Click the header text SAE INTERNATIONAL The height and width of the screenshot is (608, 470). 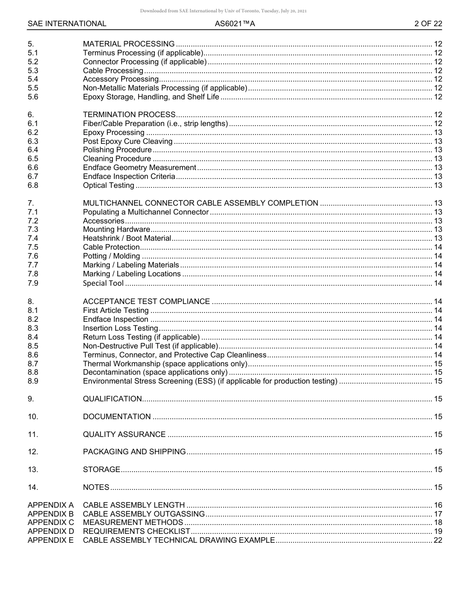click(x=67, y=24)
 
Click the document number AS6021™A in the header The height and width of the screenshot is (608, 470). click(x=235, y=24)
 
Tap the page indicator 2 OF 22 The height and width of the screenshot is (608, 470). click(x=428, y=24)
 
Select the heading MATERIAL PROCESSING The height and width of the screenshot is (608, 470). click(x=129, y=44)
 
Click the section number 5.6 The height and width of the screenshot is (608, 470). click(x=33, y=97)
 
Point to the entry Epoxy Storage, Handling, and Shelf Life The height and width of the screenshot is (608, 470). click(x=151, y=97)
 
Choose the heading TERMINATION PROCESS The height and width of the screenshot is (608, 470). click(x=129, y=115)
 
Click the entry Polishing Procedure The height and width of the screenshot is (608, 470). click(x=117, y=150)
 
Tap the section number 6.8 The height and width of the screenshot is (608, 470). click(x=33, y=185)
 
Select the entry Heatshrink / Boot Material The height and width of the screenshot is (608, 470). click(x=127, y=238)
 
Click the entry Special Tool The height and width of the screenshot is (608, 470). click(x=103, y=283)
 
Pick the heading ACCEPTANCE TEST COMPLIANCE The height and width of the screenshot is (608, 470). click(x=146, y=302)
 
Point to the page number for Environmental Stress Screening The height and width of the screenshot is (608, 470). click(x=438, y=381)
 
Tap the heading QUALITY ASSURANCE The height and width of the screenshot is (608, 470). click(x=124, y=434)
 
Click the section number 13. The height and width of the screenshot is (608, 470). click(x=33, y=470)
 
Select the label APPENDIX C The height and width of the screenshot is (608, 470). click(x=50, y=522)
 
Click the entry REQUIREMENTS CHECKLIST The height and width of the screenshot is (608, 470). click(x=137, y=531)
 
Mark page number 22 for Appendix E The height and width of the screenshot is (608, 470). click(x=438, y=540)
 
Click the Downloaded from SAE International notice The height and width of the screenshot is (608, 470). click(x=224, y=11)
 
